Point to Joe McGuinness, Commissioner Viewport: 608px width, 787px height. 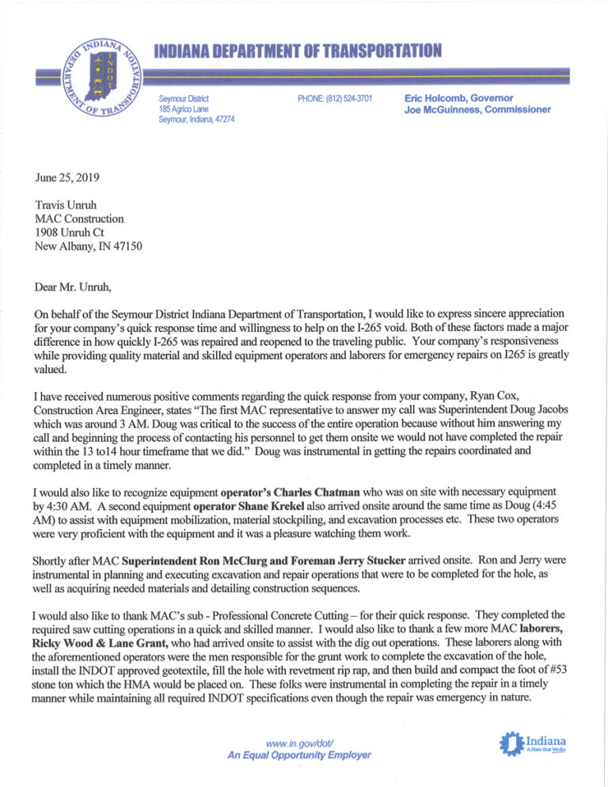point(477,109)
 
